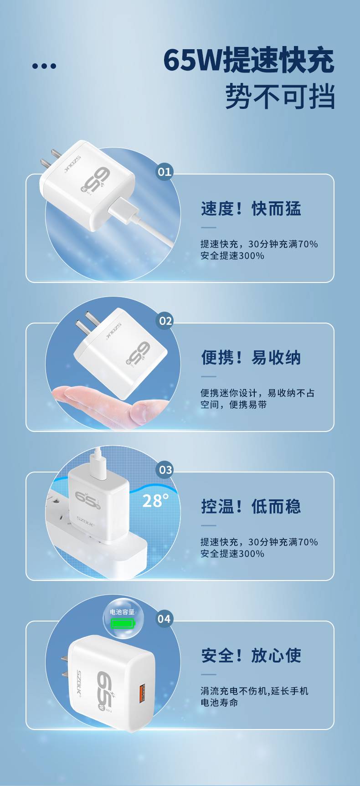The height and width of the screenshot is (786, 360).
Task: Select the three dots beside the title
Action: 44,66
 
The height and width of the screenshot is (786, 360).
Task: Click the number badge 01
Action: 165,172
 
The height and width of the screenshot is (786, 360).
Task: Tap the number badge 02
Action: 165,321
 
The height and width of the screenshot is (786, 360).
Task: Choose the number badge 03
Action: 165,470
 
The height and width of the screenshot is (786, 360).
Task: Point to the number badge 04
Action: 165,619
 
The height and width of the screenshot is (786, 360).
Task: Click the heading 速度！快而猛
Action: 251,209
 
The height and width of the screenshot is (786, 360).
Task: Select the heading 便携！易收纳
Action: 251,358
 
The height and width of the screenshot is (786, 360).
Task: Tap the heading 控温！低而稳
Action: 251,506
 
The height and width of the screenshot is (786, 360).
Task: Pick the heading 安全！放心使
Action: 251,655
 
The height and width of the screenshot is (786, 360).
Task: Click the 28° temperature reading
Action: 155,500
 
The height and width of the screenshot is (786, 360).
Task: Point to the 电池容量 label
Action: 123,612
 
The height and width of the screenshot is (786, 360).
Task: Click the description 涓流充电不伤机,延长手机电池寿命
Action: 254,697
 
